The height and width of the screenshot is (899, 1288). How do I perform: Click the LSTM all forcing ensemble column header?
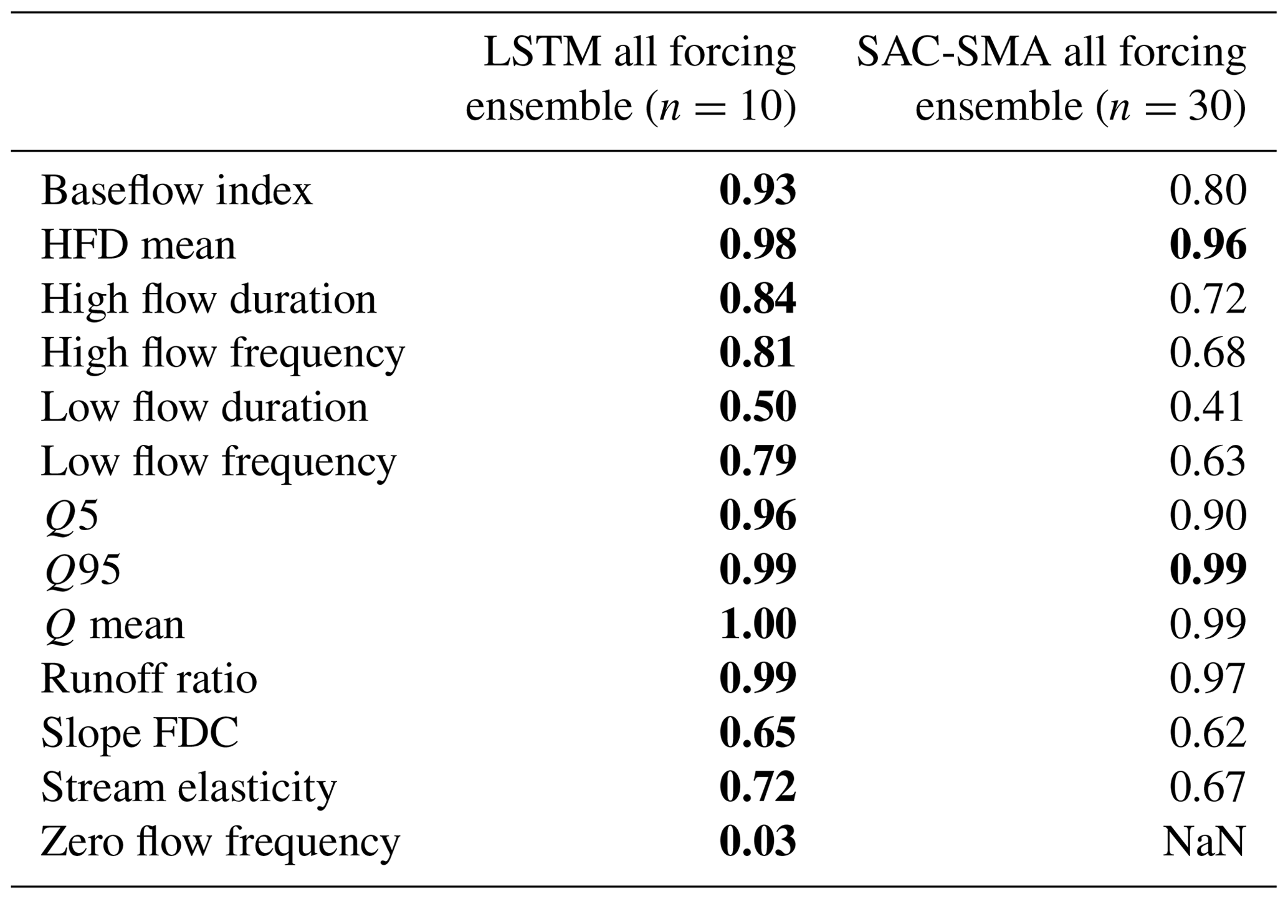click(631, 79)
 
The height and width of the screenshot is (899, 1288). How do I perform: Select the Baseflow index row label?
click(176, 191)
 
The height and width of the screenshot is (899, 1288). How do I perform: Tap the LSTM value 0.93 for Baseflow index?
click(757, 191)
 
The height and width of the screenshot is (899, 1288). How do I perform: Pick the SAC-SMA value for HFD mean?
click(1208, 245)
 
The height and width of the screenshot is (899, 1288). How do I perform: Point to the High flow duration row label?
click(209, 300)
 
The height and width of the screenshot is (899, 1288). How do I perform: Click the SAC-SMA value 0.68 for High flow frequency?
click(1208, 353)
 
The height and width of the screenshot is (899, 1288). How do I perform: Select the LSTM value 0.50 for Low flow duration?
click(757, 407)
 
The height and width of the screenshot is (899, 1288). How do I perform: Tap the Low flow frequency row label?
click(218, 462)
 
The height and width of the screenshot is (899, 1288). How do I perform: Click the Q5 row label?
click(70, 516)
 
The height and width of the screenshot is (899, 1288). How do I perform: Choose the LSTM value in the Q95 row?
click(757, 569)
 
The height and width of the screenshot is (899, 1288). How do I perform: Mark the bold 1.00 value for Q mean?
click(757, 624)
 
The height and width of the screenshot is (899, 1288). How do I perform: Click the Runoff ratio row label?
click(149, 678)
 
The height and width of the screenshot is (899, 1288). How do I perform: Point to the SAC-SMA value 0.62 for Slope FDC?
click(1208, 733)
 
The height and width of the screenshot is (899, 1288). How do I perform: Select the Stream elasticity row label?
click(189, 787)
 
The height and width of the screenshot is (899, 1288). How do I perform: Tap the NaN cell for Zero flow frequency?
click(1204, 842)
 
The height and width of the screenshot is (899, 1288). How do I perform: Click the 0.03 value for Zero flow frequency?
click(757, 842)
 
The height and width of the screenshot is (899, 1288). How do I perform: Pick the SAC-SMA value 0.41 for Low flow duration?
click(1208, 407)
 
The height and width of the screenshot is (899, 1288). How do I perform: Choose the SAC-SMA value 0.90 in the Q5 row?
click(1208, 516)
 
